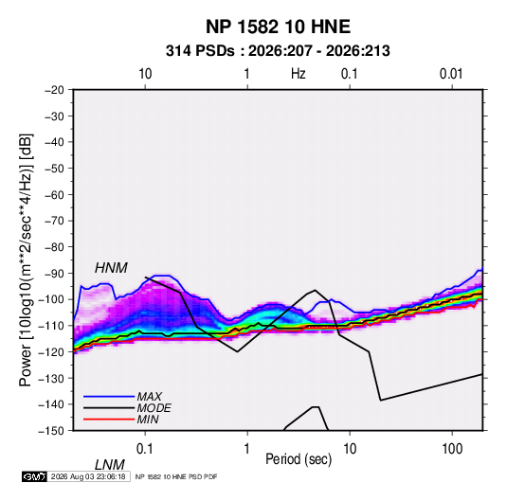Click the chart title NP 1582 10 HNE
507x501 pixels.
278,27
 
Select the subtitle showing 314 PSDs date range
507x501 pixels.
278,51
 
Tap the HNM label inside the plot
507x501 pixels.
111,268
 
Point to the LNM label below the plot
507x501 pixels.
109,465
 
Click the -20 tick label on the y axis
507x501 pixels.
54,90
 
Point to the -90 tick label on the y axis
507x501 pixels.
54,273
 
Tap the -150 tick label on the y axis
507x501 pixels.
51,431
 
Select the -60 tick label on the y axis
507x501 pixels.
54,194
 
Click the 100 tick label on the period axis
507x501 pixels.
452,449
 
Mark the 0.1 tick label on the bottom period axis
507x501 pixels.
145,449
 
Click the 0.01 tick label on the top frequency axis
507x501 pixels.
451,74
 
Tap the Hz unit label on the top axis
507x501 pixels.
299,74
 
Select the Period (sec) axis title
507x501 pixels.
299,459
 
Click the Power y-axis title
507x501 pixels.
26,260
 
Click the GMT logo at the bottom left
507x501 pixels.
34,476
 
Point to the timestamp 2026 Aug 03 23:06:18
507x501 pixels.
88,476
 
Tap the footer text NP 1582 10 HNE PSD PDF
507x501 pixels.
176,476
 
